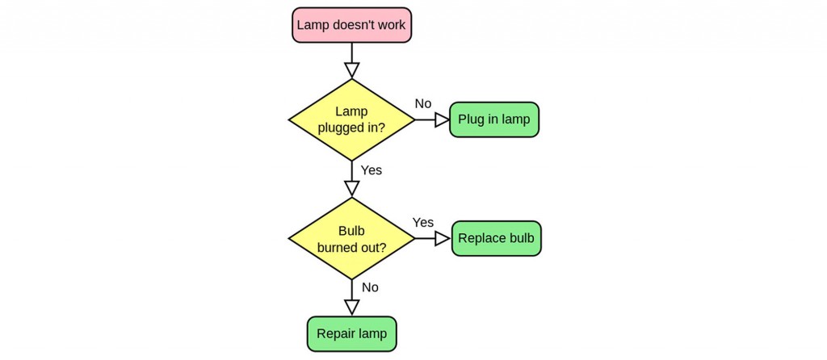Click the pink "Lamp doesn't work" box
(x=351, y=25)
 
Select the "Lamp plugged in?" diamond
(x=351, y=119)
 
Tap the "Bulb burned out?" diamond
(x=351, y=238)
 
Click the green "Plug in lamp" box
(x=493, y=119)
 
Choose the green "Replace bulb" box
(x=496, y=238)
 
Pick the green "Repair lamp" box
(x=351, y=333)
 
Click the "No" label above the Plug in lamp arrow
(x=423, y=103)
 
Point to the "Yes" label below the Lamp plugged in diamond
(x=372, y=170)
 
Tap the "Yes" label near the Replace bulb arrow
(x=423, y=222)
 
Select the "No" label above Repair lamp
(x=370, y=287)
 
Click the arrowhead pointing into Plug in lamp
(x=442, y=119)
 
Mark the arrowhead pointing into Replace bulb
(x=443, y=238)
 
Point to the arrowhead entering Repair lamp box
(x=351, y=308)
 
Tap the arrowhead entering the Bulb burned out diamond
(x=351, y=189)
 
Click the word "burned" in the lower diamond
(x=338, y=247)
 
